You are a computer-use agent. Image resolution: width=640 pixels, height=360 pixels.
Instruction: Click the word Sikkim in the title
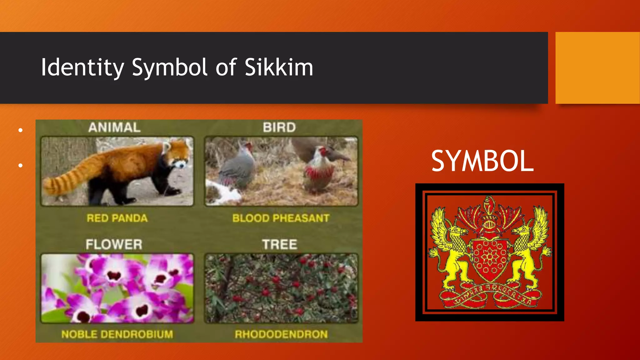(279, 67)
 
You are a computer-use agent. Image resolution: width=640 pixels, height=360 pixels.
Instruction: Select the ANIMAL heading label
(114, 127)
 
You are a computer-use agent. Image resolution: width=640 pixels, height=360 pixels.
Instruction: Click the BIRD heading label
(279, 127)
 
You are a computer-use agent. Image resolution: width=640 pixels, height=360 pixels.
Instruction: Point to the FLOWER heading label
(114, 244)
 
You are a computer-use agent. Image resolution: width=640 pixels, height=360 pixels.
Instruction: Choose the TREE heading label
(279, 244)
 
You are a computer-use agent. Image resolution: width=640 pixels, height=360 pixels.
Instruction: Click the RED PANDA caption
(117, 218)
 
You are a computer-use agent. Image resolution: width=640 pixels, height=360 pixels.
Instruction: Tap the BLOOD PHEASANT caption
(281, 218)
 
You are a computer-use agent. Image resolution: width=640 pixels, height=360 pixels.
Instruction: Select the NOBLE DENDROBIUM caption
(117, 334)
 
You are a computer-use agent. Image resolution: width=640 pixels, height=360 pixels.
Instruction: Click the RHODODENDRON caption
(281, 334)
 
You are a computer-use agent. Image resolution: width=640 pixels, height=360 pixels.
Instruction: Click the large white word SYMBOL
(482, 161)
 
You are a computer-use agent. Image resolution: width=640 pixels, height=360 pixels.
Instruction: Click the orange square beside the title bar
(597, 68)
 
